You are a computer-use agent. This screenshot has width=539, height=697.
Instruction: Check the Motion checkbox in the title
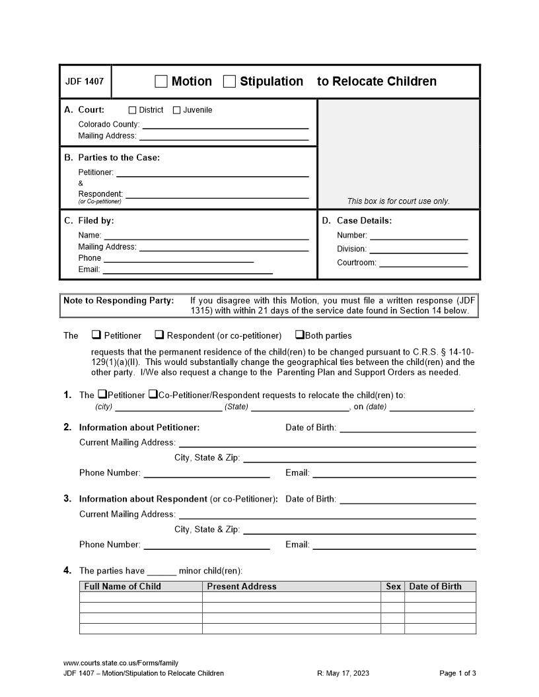[x=161, y=82]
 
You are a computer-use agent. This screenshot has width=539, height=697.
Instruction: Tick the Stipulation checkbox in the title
[x=229, y=82]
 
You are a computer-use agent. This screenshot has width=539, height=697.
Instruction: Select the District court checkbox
[x=132, y=110]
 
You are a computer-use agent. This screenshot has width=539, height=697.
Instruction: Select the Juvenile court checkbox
[x=176, y=110]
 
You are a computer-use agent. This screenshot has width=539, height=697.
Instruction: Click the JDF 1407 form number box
[x=85, y=82]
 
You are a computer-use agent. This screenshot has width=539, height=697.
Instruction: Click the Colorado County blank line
[x=225, y=124]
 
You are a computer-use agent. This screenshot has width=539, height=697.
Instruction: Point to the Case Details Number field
[x=418, y=236]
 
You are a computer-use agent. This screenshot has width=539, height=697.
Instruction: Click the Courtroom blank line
[x=423, y=263]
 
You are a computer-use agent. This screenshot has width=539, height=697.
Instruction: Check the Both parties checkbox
[x=299, y=335]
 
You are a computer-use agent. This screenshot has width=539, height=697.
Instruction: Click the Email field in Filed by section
[x=188, y=269]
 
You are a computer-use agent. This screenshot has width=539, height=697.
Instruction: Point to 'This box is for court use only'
[x=398, y=201]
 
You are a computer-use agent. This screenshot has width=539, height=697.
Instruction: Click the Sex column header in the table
[x=393, y=586]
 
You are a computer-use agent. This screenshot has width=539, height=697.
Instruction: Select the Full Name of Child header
[x=123, y=586]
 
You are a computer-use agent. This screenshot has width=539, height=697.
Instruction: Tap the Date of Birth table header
[x=435, y=586]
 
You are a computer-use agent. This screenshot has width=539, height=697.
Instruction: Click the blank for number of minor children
[x=162, y=572]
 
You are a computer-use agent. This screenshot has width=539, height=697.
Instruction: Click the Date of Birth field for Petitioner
[x=408, y=428]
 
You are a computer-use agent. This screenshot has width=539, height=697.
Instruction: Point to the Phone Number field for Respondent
[x=207, y=545]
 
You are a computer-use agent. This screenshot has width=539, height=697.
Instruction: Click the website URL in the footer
[x=121, y=663]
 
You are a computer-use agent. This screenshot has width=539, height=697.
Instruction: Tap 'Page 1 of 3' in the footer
[x=458, y=673]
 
